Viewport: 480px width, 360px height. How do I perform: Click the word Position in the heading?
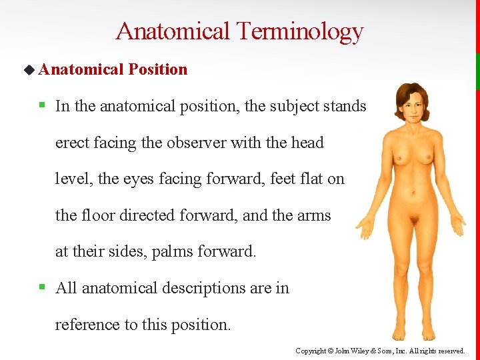click(x=158, y=69)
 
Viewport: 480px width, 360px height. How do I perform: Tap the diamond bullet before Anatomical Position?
click(x=28, y=69)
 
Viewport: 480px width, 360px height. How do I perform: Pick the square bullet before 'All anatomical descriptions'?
click(x=41, y=288)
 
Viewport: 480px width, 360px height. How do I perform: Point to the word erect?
click(x=71, y=143)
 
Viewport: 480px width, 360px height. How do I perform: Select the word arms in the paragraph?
click(x=315, y=215)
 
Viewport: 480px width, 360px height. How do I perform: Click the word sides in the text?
click(x=127, y=251)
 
